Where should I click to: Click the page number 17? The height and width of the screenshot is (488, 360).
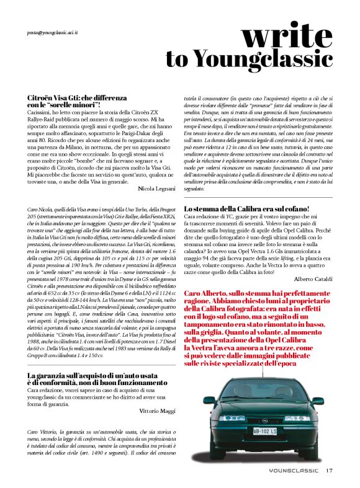tap(329, 470)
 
